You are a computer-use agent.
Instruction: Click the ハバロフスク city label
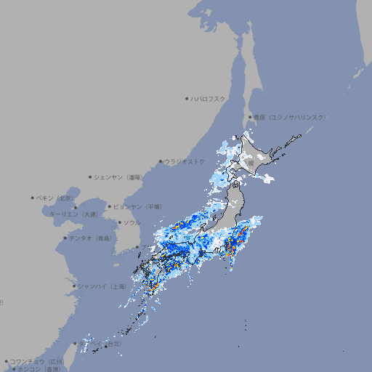tap(209, 98)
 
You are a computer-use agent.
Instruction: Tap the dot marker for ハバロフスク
tap(187, 98)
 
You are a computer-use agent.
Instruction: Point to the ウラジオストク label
tap(185, 161)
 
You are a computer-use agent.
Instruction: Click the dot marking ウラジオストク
tap(161, 161)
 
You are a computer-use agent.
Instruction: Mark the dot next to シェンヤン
tap(90, 177)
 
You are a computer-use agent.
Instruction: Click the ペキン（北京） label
tap(57, 198)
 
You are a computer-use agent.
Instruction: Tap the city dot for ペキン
tap(33, 198)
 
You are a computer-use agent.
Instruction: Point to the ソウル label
tap(132, 222)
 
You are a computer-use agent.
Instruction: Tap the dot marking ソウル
tap(118, 222)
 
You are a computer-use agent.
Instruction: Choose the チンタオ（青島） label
tap(90, 238)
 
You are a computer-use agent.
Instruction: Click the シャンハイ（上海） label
tap(102, 286)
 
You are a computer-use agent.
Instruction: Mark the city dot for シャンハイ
tap(74, 286)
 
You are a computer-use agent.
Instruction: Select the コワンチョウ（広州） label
tap(38, 361)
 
